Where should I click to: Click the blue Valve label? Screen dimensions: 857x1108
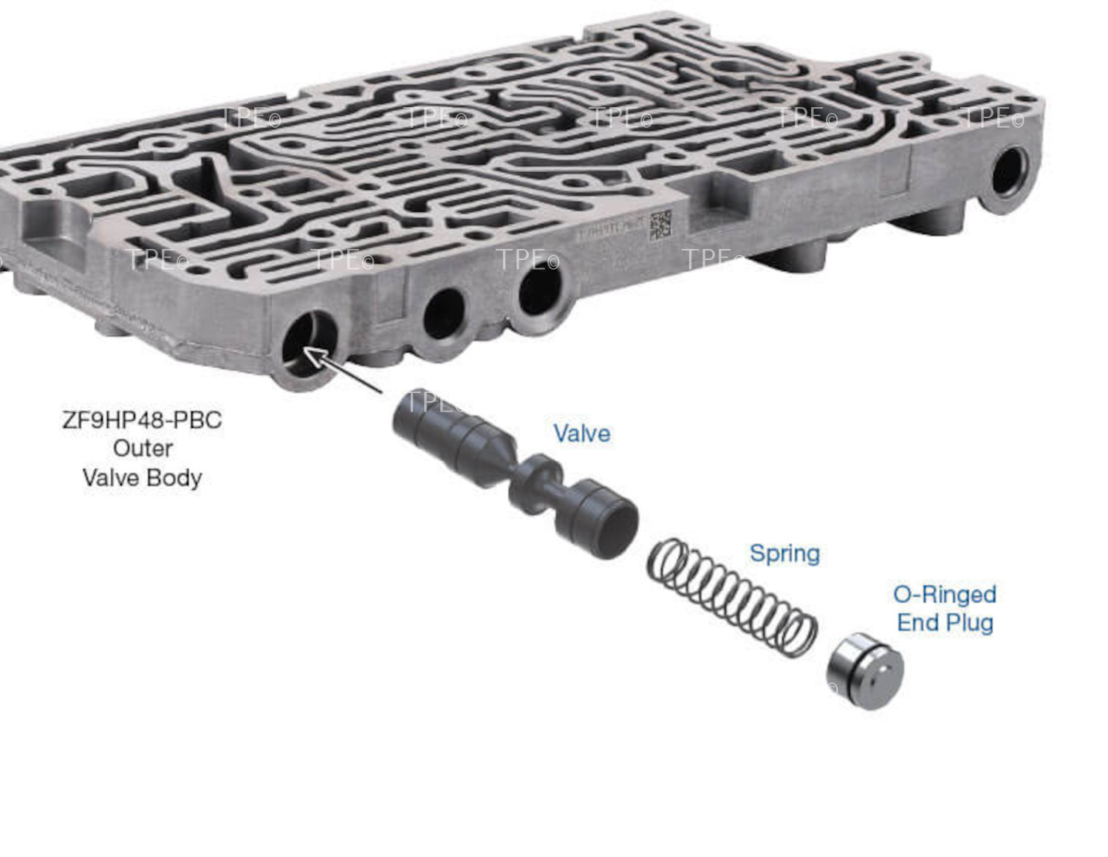[x=582, y=433]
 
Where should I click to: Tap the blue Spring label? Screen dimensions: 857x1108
[x=784, y=553]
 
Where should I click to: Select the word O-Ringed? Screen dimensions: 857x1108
[x=945, y=594]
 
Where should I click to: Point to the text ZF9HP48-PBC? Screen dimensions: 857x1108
[x=142, y=420]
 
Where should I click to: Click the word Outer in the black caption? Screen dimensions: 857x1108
[x=143, y=448]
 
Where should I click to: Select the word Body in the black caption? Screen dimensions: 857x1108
[x=174, y=477]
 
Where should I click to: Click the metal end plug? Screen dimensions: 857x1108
[x=864, y=671]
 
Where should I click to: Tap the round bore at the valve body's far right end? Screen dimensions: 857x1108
[x=1008, y=173]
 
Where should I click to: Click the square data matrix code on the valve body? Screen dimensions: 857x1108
[x=660, y=225]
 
